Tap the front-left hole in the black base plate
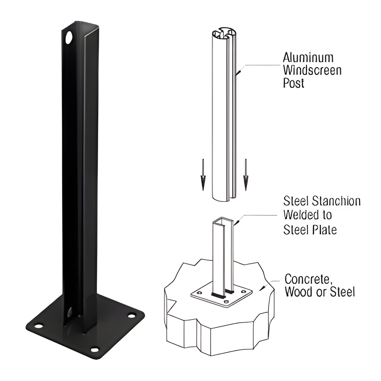point(39,326)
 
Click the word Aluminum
point(308,57)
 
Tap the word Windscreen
point(312,70)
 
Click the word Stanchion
point(336,201)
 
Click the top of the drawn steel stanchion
point(223,219)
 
